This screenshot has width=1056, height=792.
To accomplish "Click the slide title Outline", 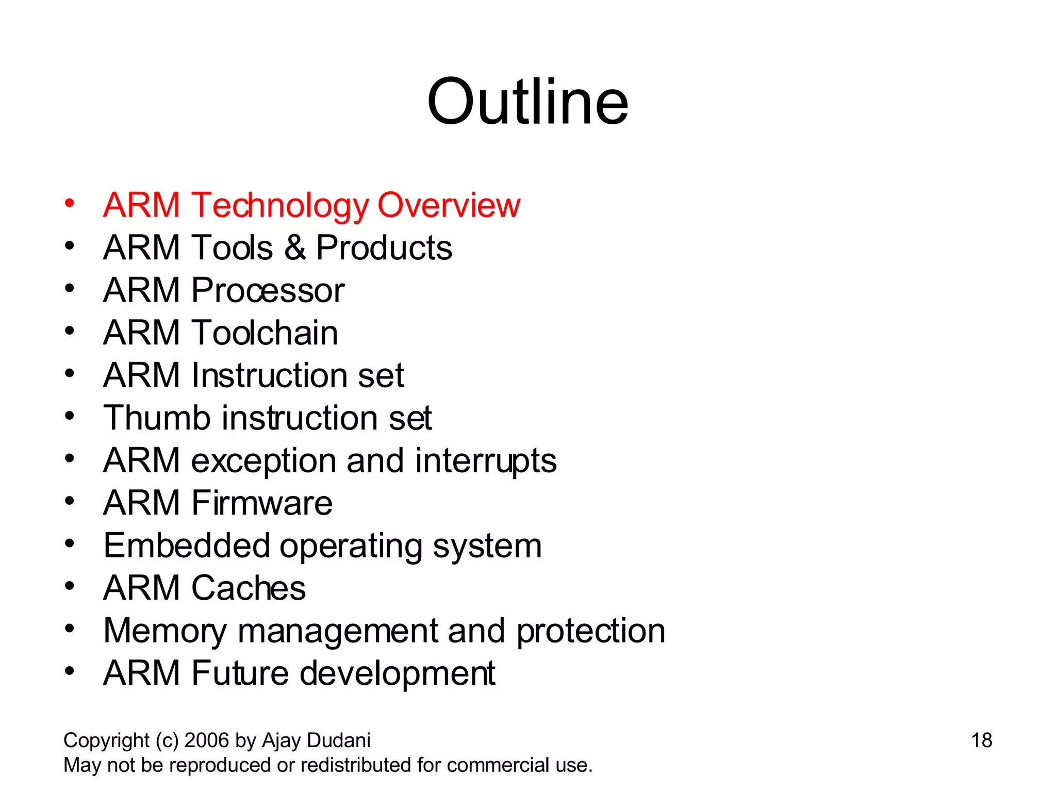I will [527, 102].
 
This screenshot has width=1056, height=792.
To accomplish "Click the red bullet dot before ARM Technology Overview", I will [70, 203].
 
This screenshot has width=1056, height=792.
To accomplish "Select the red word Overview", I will [449, 205].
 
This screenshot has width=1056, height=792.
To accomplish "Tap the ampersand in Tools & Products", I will [294, 247].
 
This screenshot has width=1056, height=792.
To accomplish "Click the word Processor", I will [268, 290].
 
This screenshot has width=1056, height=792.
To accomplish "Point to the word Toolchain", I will [265, 333].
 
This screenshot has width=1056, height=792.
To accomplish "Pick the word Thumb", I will [157, 418].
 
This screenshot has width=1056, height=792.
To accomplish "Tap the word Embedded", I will [187, 546].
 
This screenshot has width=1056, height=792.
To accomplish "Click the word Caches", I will [248, 588].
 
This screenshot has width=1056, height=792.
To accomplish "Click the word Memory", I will [164, 632].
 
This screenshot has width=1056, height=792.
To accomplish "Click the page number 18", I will [981, 740].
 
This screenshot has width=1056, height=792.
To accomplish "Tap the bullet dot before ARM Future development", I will [70, 671].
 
